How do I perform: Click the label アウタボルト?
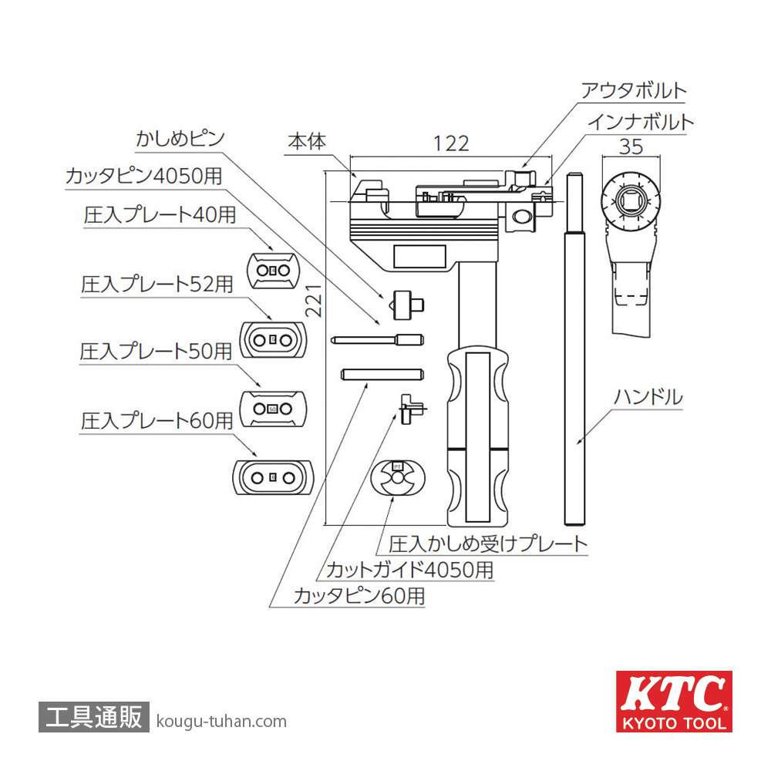click(633, 90)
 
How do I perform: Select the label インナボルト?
click(640, 122)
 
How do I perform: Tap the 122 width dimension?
click(450, 143)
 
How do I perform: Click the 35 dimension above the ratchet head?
click(630, 143)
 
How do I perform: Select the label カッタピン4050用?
click(143, 176)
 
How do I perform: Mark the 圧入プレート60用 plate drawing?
click(273, 477)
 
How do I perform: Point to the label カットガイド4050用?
click(409, 570)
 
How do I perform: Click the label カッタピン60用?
click(359, 595)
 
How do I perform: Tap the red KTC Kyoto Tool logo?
click(673, 701)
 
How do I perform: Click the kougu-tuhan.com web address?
click(221, 722)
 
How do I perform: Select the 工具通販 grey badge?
click(93, 717)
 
